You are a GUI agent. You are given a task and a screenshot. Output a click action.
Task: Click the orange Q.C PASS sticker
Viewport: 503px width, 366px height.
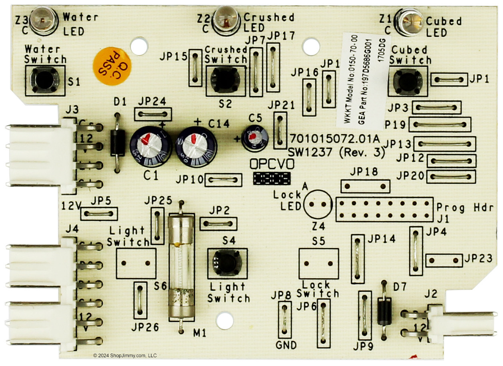click(107, 66)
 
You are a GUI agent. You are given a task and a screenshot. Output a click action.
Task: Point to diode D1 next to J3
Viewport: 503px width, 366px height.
click(117, 143)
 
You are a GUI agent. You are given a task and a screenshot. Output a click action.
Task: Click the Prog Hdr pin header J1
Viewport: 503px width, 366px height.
click(384, 209)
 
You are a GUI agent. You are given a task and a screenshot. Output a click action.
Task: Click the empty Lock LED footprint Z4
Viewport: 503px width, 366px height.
click(318, 204)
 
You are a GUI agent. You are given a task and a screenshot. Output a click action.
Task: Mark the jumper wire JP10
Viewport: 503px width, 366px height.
click(223, 180)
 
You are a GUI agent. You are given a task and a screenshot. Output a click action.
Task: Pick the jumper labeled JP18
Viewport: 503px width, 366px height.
click(365, 186)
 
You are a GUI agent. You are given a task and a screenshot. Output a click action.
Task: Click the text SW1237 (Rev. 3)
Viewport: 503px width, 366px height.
click(336, 153)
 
